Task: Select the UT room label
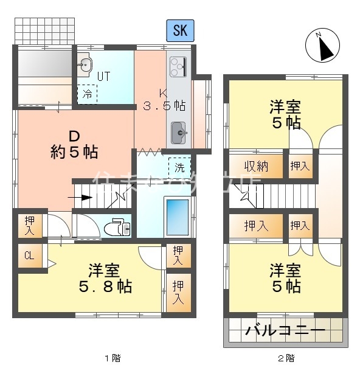coord(103,77)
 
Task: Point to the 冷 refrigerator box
coord(87,94)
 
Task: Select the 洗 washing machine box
coord(179,165)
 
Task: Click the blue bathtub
coord(178,221)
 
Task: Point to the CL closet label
coord(29,255)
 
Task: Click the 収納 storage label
coord(256,165)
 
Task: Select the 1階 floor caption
coord(109,358)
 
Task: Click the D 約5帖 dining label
coord(74,144)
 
